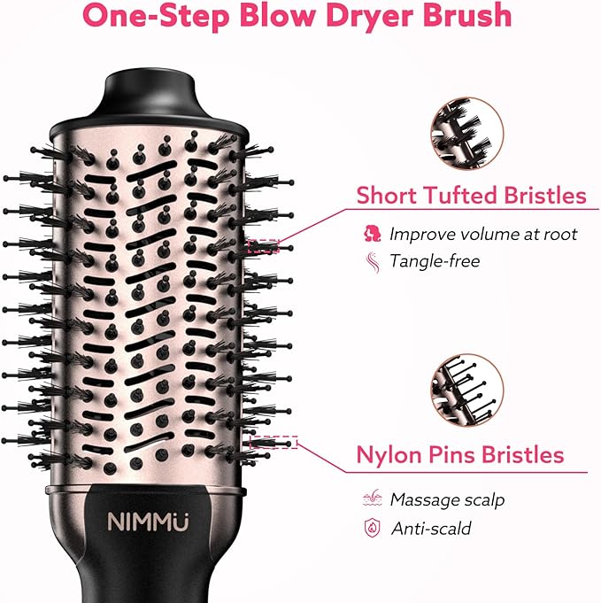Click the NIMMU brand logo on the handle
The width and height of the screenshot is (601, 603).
tap(142, 522)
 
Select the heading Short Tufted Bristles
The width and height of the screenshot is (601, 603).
tap(471, 195)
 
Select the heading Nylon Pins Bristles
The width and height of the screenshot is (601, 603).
tap(459, 454)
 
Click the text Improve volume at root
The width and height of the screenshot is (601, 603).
tap(483, 234)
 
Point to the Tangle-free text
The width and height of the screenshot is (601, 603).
tap(435, 261)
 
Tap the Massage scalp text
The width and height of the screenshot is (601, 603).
tap(447, 499)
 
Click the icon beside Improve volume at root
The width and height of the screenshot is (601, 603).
tap(372, 234)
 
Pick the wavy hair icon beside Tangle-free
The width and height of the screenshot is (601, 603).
tap(372, 261)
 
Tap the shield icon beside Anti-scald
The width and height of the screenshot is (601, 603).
tap(372, 529)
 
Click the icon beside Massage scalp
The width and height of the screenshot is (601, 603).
tap(372, 499)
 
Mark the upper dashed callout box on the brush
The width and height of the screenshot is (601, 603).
tap(263, 246)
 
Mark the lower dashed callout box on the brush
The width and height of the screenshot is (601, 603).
tap(274, 442)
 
